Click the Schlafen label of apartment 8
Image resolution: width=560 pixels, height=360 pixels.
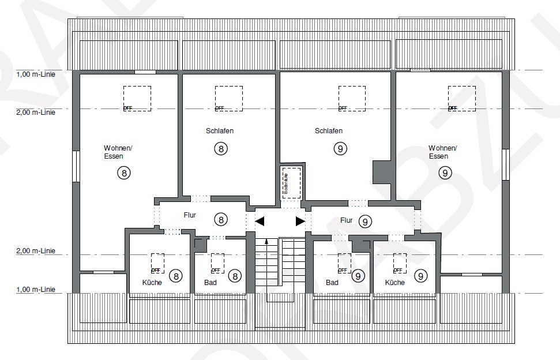coord(219,131)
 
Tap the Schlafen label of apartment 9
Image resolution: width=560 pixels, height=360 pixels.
coord(329,131)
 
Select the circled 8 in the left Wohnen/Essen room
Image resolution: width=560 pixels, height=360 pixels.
coord(124,172)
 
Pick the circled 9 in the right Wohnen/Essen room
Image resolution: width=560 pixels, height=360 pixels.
coord(445,172)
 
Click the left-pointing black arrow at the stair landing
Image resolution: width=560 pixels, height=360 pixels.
coord(260,221)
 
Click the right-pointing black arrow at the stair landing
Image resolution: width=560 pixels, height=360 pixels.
coord(300,221)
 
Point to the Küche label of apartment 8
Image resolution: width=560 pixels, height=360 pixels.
coord(152,283)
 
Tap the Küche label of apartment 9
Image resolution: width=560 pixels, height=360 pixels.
coord(395,283)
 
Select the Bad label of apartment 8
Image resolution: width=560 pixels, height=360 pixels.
coord(211,283)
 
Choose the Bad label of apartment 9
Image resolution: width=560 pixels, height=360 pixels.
coord(332,283)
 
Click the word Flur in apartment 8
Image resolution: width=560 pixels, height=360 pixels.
coord(190,215)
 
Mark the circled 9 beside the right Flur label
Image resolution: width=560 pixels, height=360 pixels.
coord(365,221)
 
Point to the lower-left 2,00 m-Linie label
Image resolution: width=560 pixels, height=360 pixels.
coord(36,251)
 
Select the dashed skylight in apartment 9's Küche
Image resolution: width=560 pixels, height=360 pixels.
coord(400,263)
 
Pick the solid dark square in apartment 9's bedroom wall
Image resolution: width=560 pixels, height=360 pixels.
coord(382,172)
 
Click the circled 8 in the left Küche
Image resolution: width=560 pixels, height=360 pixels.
coord(177,276)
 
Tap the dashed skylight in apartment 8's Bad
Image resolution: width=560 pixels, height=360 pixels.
coord(217,263)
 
